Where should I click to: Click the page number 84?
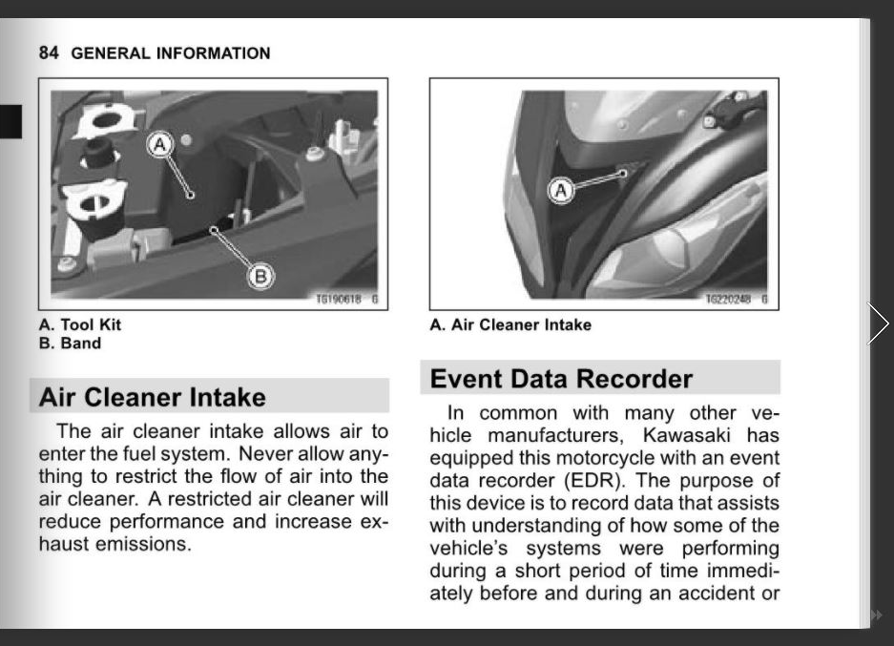pos(49,53)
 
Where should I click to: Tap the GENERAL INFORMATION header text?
pos(171,53)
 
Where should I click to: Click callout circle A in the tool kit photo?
pos(160,144)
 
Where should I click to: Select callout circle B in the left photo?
pos(260,278)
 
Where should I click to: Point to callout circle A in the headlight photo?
pos(561,190)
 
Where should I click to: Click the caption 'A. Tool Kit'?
pos(80,324)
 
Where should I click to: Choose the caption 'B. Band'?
pos(70,344)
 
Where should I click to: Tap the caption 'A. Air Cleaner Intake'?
pos(510,324)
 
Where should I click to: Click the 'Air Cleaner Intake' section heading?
pos(153,397)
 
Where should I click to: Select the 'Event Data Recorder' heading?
pos(561,379)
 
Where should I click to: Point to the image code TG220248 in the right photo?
pos(728,300)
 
